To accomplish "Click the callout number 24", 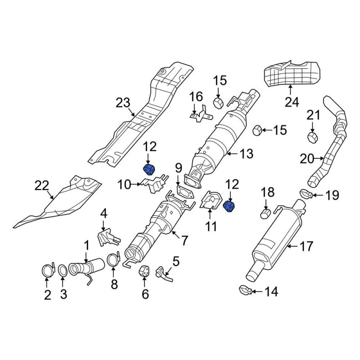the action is pos(292,102).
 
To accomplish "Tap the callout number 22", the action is pos(42,185).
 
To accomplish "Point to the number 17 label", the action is pos(306,246).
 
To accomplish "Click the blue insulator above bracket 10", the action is pos(149,170).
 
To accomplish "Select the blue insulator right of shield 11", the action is pos(229,207).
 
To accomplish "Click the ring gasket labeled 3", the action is pos(63,270).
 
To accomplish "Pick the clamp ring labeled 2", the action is pos(48,270).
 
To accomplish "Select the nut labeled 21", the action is pos(312,138).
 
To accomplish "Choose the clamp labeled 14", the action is pos(246,290).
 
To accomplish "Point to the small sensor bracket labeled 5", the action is pos(164,274).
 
